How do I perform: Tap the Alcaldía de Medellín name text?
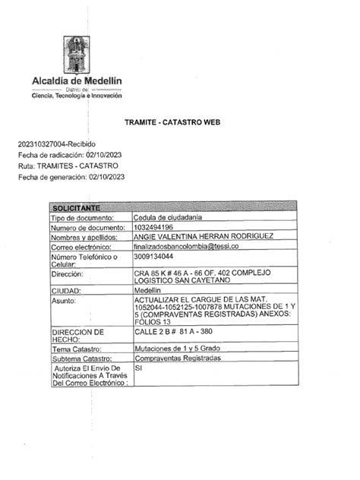(x=76, y=81)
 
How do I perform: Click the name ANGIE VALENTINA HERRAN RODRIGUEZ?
(x=203, y=237)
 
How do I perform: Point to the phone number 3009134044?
(x=153, y=257)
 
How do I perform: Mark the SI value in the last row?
(x=138, y=368)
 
